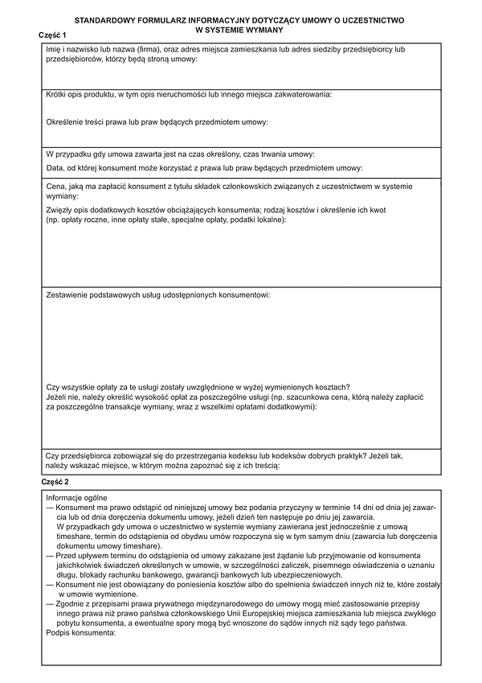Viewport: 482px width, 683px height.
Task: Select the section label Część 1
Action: [x=53, y=36]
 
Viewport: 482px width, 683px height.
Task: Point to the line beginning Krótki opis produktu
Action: [x=189, y=95]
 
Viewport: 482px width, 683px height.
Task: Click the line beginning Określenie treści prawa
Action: [x=157, y=122]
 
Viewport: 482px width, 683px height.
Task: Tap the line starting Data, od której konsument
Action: [x=205, y=168]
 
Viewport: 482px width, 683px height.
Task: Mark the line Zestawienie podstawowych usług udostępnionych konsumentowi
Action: [x=158, y=295]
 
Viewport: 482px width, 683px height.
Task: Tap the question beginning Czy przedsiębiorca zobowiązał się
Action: [x=224, y=455]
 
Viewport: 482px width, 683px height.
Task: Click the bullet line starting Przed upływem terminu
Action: [x=241, y=555]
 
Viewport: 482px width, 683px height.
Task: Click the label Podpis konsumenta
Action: [x=81, y=632]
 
